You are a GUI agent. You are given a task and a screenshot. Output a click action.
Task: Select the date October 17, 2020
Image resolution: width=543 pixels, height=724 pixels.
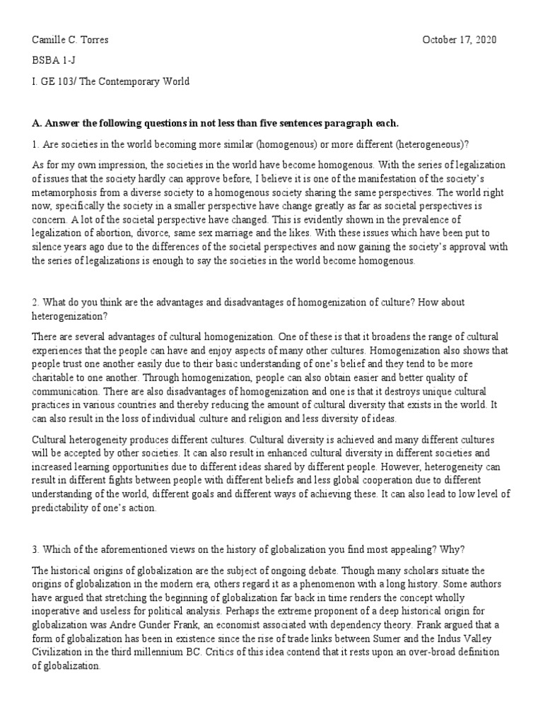[460, 40]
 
